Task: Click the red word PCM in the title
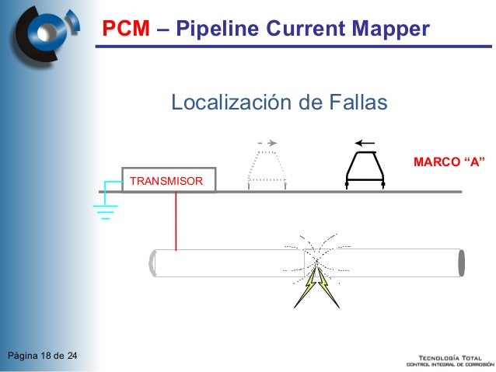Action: pos(127,30)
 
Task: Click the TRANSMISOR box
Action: pos(168,180)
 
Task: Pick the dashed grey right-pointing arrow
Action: pos(267,143)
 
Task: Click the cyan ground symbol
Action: pos(105,203)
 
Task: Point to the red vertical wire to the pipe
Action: pos(176,221)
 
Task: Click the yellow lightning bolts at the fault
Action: pos(317,286)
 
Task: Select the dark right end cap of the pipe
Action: pos(461,262)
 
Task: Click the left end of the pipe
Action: pos(153,262)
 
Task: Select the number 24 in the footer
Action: pos(72,356)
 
